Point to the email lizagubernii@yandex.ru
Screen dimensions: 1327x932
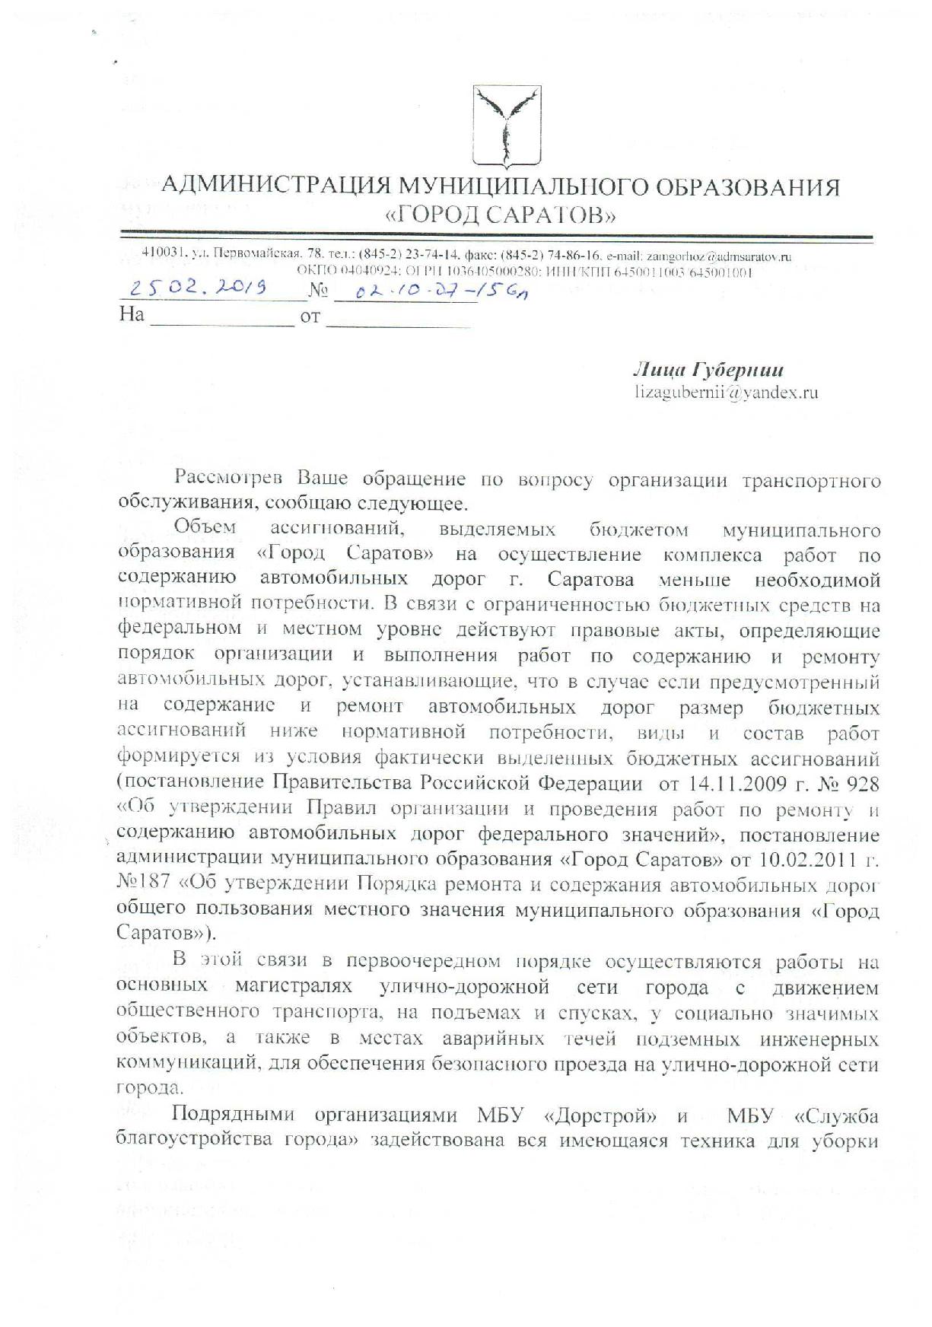coord(727,393)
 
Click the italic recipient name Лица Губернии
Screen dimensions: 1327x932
coord(708,370)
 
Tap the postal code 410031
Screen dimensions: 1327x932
coord(163,254)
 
